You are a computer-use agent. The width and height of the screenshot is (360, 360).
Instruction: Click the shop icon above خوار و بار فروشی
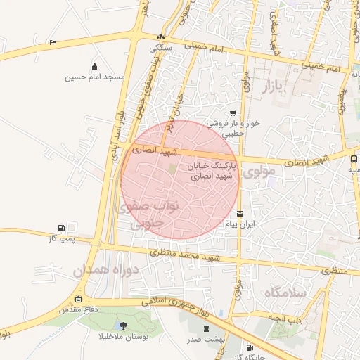233,112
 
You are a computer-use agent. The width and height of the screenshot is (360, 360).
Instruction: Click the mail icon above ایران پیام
241,214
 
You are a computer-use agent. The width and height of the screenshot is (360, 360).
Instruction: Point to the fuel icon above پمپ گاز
61,229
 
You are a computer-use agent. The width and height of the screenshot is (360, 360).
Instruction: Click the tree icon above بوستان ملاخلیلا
124,326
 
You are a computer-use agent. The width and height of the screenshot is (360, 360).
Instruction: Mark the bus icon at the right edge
353,160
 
